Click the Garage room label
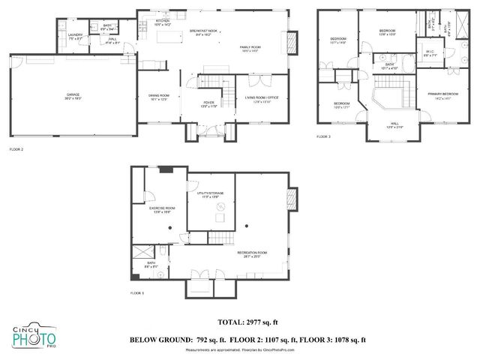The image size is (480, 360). (72, 95)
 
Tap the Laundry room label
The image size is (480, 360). (74, 36)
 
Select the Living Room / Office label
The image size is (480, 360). (262, 98)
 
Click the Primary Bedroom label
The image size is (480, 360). (443, 95)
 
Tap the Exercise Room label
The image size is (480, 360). (161, 209)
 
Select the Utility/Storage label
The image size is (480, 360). (211, 196)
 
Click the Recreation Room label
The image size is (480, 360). (252, 253)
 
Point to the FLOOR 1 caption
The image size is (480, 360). (136, 292)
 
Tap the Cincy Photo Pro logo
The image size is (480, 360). (34, 338)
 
